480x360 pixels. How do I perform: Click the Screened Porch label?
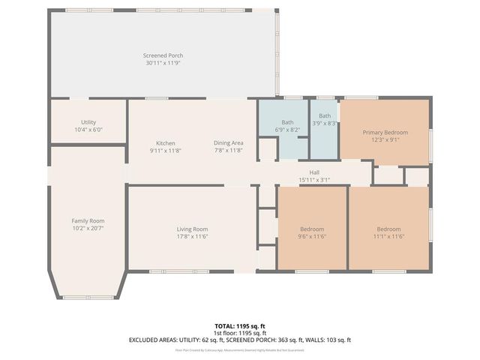[x=163, y=55]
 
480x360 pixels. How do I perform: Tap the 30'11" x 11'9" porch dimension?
[x=163, y=63]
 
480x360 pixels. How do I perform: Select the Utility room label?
[x=88, y=122]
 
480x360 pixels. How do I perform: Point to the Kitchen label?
[x=165, y=143]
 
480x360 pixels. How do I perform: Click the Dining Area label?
[x=229, y=143]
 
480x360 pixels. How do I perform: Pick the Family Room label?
[x=88, y=220]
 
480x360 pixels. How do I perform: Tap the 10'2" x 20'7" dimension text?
[x=88, y=228]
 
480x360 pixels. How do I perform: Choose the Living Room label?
[x=192, y=229]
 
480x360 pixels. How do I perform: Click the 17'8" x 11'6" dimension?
[x=192, y=236]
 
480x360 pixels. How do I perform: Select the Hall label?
[x=315, y=172]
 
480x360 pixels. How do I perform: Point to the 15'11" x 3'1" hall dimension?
[x=315, y=180]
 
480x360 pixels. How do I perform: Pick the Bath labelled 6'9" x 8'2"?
[x=288, y=122]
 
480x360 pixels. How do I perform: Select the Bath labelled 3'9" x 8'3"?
[x=325, y=115]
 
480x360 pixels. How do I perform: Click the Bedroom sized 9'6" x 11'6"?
[x=312, y=229]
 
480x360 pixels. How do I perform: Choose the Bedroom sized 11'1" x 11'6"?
[x=388, y=229]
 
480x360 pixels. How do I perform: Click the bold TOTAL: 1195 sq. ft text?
[x=240, y=326]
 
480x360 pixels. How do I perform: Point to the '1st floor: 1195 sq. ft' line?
[x=240, y=333]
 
